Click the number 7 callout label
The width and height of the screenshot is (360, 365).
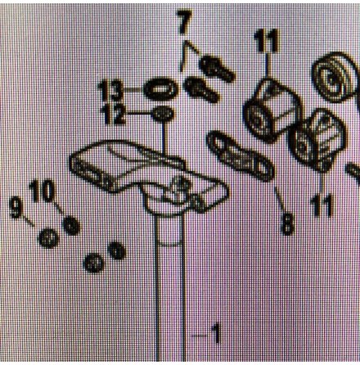[184, 22]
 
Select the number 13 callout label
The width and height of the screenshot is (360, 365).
[110, 91]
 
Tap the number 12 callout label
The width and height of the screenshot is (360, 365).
[114, 115]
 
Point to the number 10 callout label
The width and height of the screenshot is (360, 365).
[42, 192]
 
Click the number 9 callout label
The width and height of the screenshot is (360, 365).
[16, 208]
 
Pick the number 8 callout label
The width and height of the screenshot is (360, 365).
[288, 224]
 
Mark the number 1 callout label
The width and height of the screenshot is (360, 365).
[216, 333]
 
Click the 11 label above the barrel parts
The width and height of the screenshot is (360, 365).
[267, 41]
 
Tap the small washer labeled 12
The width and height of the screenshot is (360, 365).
[163, 113]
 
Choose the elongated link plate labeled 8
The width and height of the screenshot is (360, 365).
[240, 156]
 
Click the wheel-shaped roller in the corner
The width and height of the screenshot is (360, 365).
[335, 77]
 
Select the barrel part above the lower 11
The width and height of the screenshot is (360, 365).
[317, 139]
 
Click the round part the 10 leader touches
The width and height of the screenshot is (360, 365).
[71, 225]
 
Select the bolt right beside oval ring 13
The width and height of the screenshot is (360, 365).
[201, 89]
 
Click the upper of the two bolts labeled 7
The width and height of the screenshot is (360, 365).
[217, 69]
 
